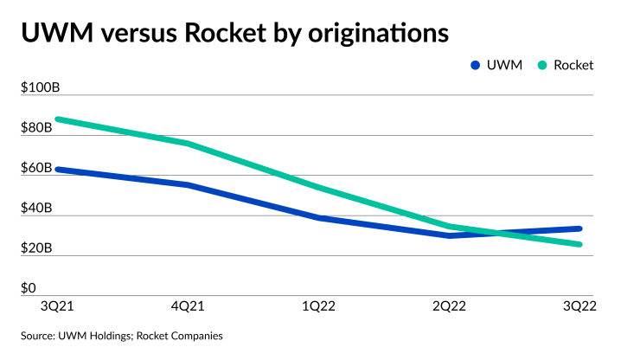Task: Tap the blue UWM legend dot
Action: click(475, 65)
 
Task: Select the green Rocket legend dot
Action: click(542, 65)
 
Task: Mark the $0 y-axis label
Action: click(28, 288)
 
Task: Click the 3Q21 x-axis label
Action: click(57, 305)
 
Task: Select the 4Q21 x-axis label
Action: click(187, 305)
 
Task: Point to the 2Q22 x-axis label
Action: click(451, 305)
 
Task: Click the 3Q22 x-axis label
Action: click(579, 305)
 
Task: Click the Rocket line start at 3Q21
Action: click(57, 119)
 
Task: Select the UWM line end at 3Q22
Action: click(579, 228)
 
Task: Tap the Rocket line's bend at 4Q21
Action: click(187, 143)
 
